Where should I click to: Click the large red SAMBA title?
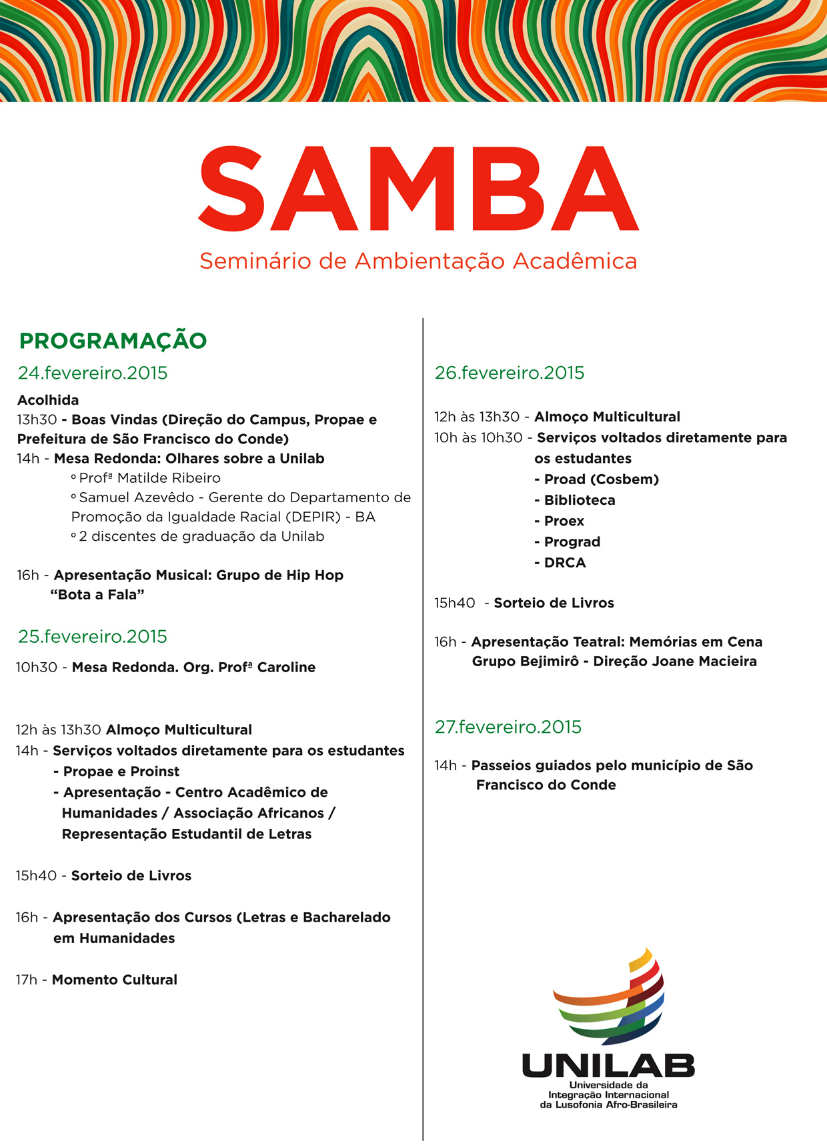(x=418, y=189)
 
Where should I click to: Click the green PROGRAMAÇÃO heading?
(x=113, y=341)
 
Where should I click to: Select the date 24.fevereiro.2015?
(x=93, y=373)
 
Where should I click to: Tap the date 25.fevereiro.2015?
(x=93, y=636)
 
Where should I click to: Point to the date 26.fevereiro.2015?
(x=510, y=373)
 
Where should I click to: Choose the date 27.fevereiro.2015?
(x=508, y=726)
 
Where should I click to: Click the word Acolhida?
(x=48, y=400)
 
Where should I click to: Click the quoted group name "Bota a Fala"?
(x=97, y=595)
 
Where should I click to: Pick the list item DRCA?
(x=565, y=563)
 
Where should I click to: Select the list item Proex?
(x=564, y=521)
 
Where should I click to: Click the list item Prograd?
(x=572, y=542)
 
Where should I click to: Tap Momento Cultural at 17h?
(x=115, y=980)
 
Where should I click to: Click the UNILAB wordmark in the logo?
(x=608, y=1066)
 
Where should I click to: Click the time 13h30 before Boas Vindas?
(x=37, y=420)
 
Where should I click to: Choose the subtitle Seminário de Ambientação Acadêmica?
(x=418, y=261)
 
